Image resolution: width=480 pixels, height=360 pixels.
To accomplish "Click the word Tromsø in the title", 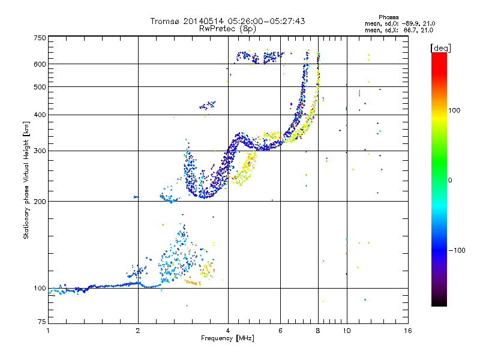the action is pyautogui.click(x=166, y=21).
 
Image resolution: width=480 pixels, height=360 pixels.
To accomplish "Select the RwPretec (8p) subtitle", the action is pyautogui.click(x=227, y=29).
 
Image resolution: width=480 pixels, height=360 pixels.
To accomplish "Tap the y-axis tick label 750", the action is pyautogui.click(x=40, y=38).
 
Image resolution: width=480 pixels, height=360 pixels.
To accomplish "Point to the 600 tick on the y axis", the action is pyautogui.click(x=40, y=64).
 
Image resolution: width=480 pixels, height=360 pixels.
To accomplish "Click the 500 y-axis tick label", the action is pyautogui.click(x=40, y=87).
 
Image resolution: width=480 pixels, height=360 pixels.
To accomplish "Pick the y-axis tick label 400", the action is pyautogui.click(x=40, y=115).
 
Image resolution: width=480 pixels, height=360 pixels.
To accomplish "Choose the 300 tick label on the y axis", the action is pyautogui.click(x=40, y=151).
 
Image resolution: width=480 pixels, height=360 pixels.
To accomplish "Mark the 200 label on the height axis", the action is pyautogui.click(x=40, y=202).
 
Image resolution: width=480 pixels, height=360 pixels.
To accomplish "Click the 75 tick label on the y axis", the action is pyautogui.click(x=42, y=322).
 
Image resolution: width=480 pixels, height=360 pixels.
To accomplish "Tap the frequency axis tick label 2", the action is pyautogui.click(x=138, y=331).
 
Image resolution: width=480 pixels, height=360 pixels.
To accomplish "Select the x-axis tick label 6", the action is pyautogui.click(x=280, y=331).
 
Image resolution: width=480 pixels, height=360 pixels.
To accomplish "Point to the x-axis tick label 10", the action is pyautogui.click(x=347, y=331).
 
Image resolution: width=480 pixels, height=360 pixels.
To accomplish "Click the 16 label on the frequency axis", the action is pyautogui.click(x=408, y=331).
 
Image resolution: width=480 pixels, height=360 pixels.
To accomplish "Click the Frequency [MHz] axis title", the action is pyautogui.click(x=227, y=338).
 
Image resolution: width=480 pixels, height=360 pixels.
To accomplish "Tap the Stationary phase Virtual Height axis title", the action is pyautogui.click(x=26, y=181).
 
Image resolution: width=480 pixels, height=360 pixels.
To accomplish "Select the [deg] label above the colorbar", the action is pyautogui.click(x=440, y=48).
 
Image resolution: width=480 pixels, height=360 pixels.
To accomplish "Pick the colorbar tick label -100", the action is pyautogui.click(x=457, y=250).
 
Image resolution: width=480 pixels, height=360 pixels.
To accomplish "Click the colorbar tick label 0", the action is pyautogui.click(x=450, y=181).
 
